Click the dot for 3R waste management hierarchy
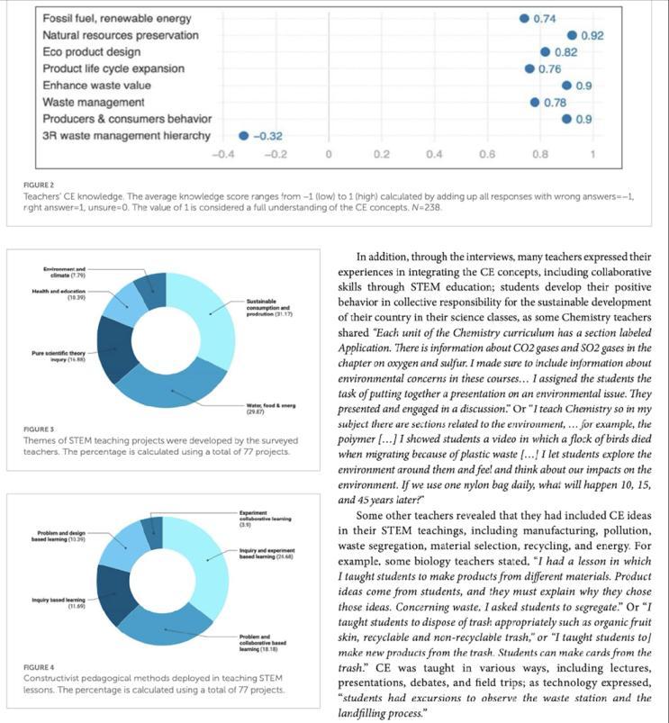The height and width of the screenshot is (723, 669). (243, 136)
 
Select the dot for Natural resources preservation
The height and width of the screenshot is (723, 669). (572, 34)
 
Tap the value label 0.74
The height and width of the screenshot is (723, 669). (544, 18)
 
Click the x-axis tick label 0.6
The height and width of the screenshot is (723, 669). (486, 153)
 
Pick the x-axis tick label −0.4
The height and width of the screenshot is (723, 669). (221, 153)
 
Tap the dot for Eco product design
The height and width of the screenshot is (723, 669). (545, 51)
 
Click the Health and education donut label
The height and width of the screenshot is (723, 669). (63, 294)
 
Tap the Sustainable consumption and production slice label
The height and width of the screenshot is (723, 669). (270, 308)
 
